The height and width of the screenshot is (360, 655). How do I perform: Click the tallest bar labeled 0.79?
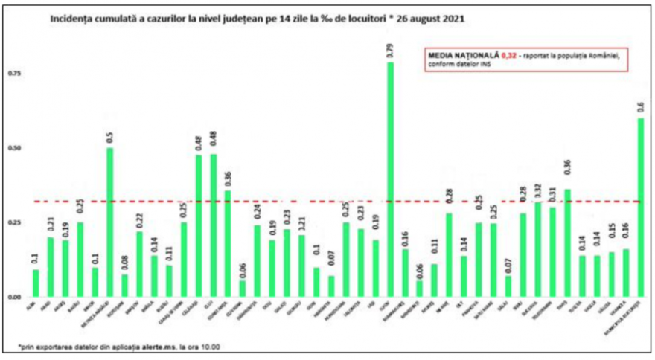[390, 179]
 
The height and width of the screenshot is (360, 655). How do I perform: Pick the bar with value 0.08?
[124, 286]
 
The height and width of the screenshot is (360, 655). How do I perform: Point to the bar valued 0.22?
[138, 264]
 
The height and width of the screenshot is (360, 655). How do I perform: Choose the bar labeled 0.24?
[257, 260]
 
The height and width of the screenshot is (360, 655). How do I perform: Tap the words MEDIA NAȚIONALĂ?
[453, 55]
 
